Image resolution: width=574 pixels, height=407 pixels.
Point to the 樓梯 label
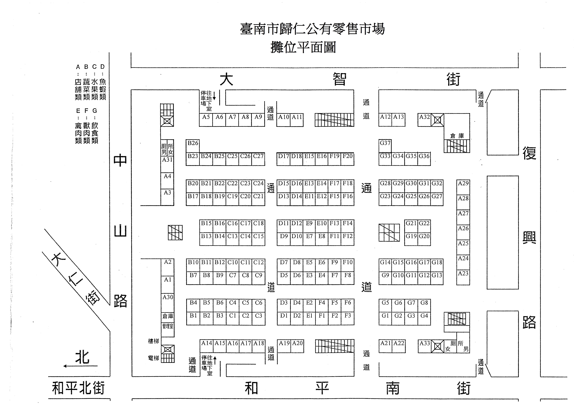tap(153, 341)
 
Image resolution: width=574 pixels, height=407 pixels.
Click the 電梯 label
tap(153, 358)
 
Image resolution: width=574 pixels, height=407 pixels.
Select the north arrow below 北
tap(80, 366)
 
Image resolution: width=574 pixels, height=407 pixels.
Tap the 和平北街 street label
tap(78, 388)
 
